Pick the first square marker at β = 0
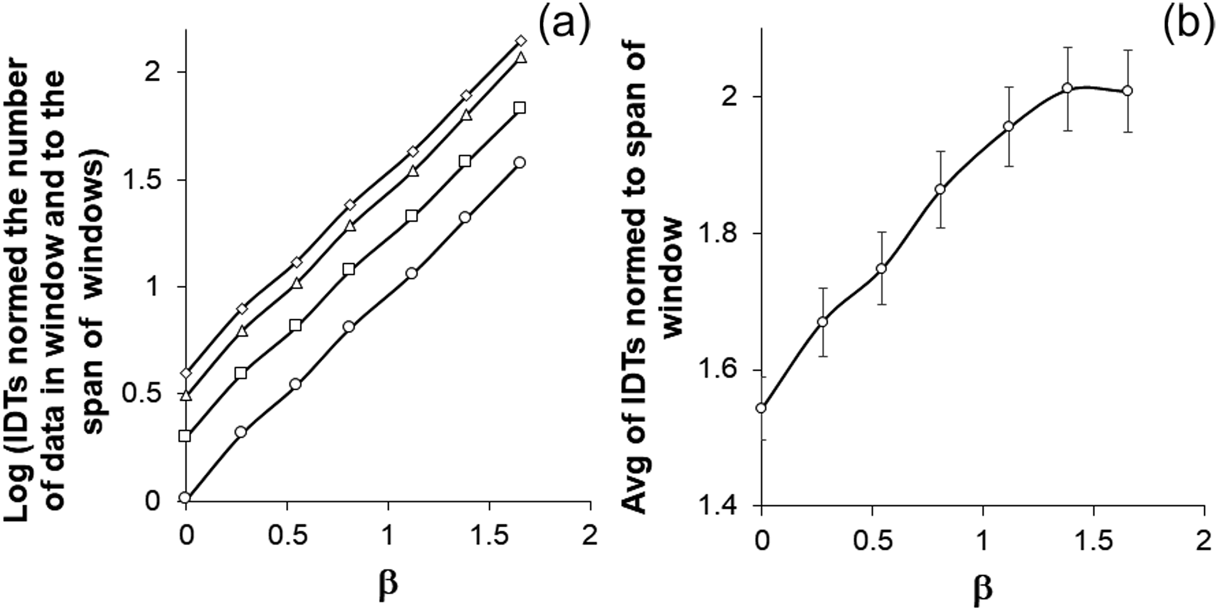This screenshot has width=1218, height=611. click(185, 436)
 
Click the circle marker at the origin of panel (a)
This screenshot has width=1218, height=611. click(185, 498)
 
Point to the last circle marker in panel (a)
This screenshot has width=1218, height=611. click(520, 163)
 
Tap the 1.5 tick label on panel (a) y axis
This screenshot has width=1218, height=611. click(144, 180)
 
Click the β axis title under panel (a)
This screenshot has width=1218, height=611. click(387, 583)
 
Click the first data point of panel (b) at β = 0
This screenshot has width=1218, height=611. click(761, 408)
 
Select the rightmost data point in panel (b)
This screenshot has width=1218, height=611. click(1128, 91)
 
